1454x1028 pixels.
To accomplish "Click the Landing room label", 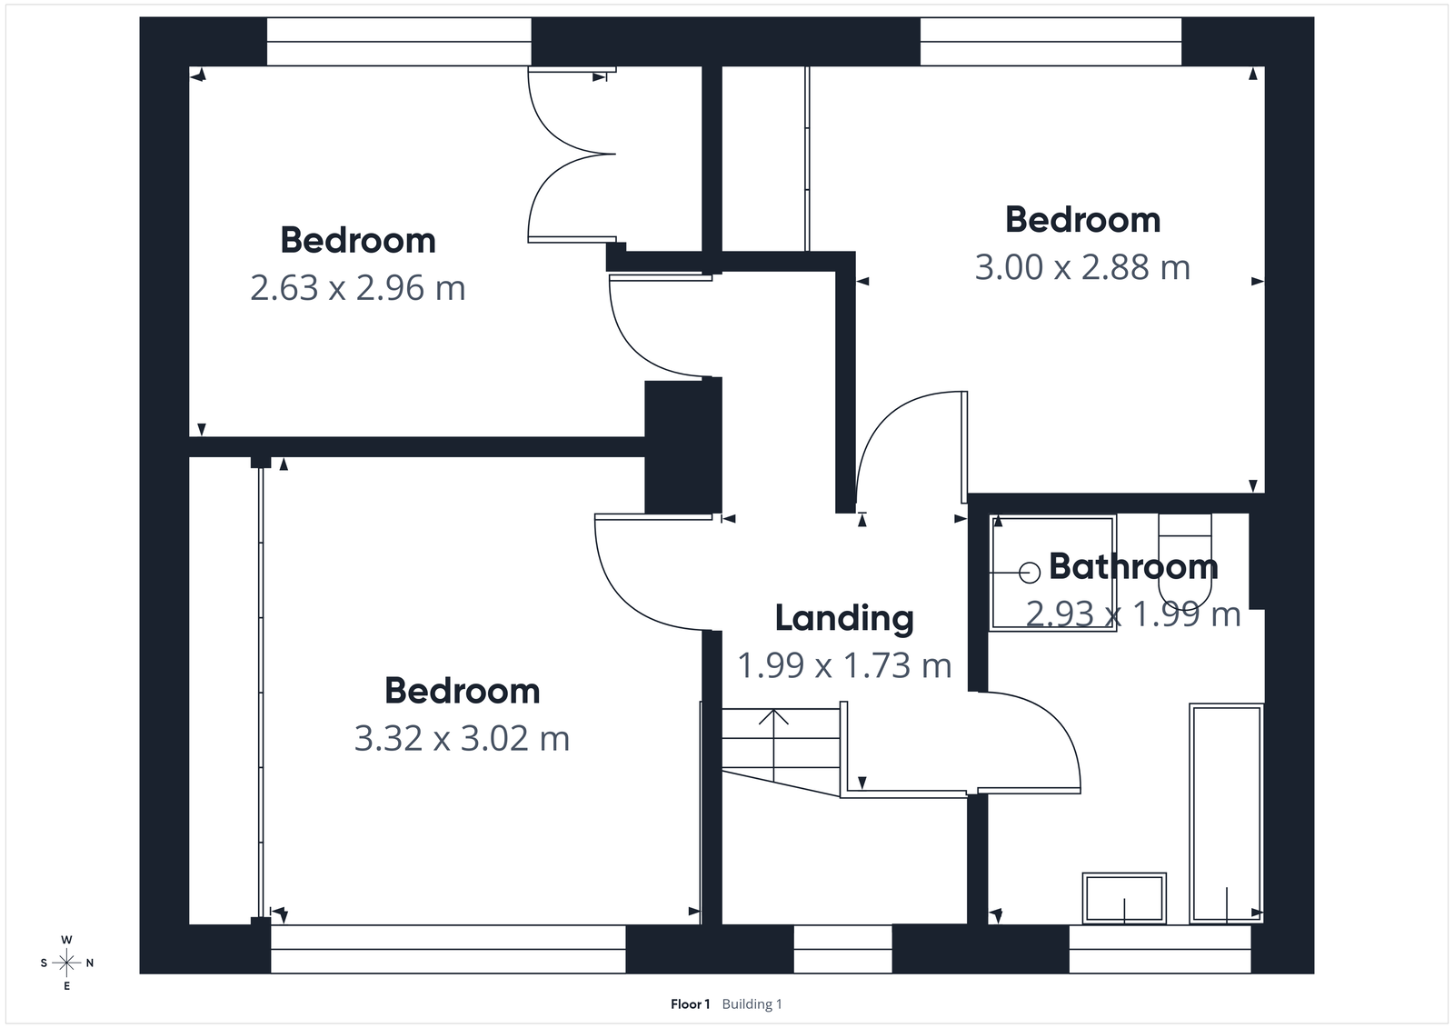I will point(844,618).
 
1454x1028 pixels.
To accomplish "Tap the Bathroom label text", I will point(1133,566).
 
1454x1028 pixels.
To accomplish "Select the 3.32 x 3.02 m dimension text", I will point(462,738).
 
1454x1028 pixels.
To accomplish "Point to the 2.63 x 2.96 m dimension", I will point(357,288).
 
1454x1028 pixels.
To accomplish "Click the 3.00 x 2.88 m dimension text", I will point(1082,268).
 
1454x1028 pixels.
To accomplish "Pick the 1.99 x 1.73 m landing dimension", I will point(844,666).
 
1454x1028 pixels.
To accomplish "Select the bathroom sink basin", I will point(1123,897).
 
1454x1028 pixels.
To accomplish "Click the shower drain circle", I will point(1030,573).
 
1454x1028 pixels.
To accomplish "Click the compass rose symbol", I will point(66,963).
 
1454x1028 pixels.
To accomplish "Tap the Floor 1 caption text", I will point(690,1004).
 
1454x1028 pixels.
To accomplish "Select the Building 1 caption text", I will point(752,1004).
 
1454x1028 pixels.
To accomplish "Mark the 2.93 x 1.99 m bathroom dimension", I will point(1133,615).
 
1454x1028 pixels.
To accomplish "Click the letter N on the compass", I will point(90,963).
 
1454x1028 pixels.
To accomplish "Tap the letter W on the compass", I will point(66,940).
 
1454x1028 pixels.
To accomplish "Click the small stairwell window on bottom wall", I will point(842,949).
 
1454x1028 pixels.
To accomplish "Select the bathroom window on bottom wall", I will point(1160,949).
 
